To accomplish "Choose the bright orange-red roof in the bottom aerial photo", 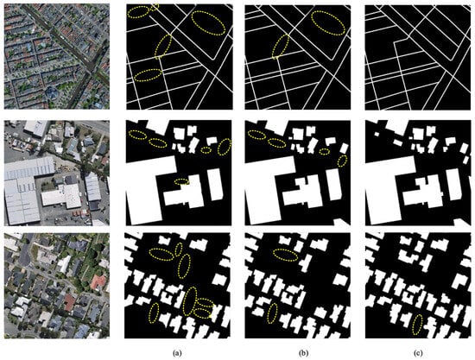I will click(x=98, y=283).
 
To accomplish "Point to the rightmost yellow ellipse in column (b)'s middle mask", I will click(x=343, y=161).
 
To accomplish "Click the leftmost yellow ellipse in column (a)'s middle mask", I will click(x=136, y=136).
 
